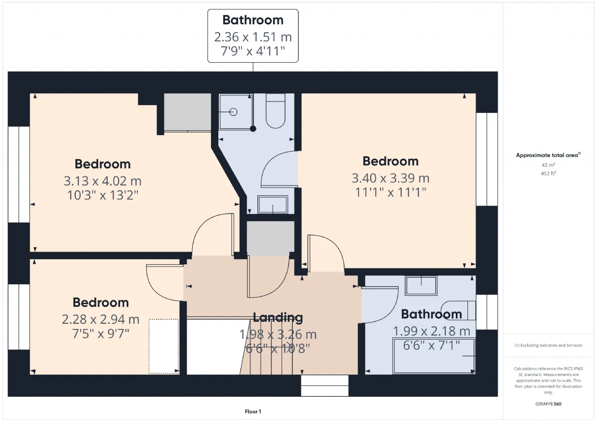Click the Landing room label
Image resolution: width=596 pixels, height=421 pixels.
[278, 317]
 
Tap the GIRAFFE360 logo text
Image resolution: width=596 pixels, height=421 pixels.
[548, 404]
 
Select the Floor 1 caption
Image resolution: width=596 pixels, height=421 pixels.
[253, 411]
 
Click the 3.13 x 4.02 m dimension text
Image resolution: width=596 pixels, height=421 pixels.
[102, 181]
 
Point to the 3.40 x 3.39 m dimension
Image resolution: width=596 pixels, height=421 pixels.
[390, 178]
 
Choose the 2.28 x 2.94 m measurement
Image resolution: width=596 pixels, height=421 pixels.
[101, 319]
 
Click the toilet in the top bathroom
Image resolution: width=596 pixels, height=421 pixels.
[275, 111]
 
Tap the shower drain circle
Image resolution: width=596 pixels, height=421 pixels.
[233, 112]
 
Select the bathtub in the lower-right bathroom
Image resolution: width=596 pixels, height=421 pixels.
[433, 356]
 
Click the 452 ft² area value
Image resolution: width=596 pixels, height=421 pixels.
[548, 174]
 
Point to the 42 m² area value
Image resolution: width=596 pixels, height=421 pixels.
[548, 165]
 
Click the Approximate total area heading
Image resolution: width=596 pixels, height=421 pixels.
[548, 155]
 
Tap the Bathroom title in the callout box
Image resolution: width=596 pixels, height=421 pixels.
[253, 20]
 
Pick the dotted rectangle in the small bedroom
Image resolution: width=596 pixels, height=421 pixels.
[163, 346]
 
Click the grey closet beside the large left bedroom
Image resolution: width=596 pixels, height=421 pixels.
[187, 112]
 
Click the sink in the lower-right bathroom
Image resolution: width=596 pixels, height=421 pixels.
[421, 286]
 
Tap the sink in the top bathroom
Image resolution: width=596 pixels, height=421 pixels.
[273, 205]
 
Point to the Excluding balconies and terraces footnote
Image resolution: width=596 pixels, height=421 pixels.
[548, 345]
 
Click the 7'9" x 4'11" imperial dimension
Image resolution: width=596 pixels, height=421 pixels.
[253, 51]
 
